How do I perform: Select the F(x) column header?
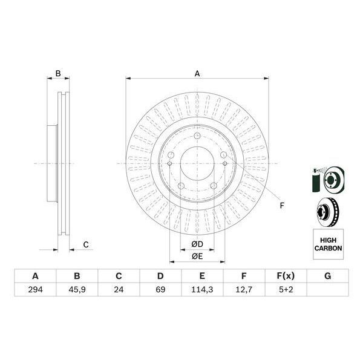click(x=286, y=276)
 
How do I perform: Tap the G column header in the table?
click(x=327, y=276)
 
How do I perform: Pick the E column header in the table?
click(x=202, y=276)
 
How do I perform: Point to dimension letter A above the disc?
click(x=197, y=74)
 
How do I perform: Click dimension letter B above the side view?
click(x=58, y=74)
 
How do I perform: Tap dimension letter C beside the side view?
click(x=86, y=244)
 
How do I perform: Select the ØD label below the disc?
click(x=197, y=244)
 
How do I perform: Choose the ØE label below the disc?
click(x=197, y=256)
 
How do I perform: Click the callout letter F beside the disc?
click(x=281, y=206)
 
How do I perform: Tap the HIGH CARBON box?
click(x=328, y=244)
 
